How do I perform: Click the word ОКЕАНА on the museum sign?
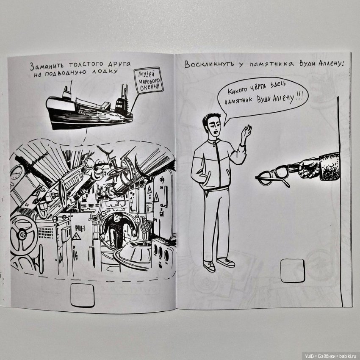coord(150,88)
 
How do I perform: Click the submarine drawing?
coord(89,108)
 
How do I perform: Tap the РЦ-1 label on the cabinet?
coord(80,228)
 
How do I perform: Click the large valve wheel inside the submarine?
coord(22,235)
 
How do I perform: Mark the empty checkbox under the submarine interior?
coord(83,295)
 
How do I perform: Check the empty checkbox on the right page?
coord(293,271)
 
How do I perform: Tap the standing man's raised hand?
coord(246,134)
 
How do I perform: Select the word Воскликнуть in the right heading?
coord(209,64)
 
